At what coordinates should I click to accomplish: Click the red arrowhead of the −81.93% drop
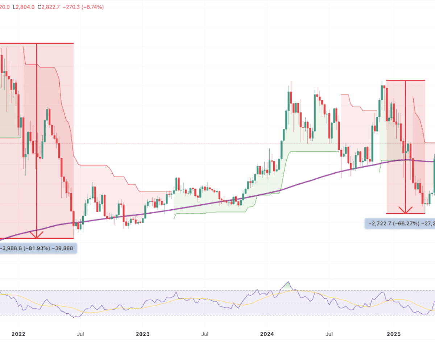(x=37, y=235)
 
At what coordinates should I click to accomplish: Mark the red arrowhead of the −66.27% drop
(x=406, y=210)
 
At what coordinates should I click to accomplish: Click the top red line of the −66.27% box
(x=405, y=80)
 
